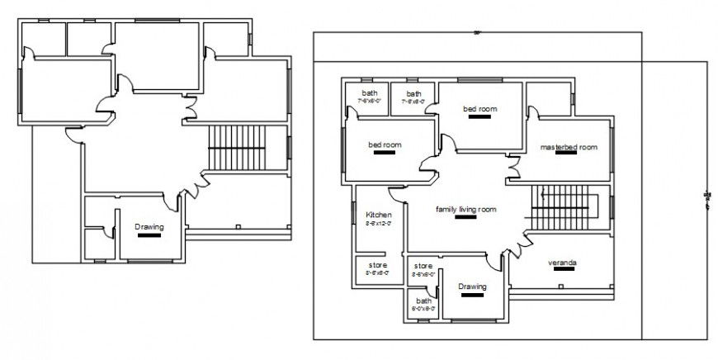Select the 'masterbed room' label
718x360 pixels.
568,147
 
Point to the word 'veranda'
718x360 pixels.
562,263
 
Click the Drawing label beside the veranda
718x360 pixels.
470,287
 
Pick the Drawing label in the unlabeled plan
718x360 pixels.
150,227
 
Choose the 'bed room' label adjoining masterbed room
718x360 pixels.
479,108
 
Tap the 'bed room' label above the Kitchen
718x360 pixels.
385,145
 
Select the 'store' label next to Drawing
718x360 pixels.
423,266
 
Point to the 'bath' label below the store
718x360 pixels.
423,301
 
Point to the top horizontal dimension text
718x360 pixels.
477,33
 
